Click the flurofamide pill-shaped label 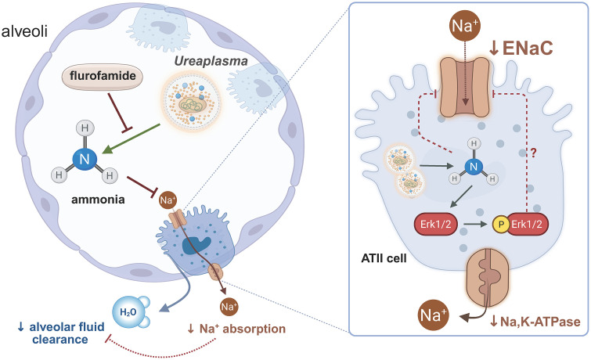[x=103, y=77]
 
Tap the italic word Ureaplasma [x=211, y=61]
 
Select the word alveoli [x=24, y=31]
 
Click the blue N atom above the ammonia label [x=85, y=159]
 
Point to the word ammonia [x=98, y=200]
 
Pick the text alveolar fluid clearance [x=61, y=333]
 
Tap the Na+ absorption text [x=236, y=329]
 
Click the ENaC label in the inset [x=521, y=48]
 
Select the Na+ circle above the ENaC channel [x=465, y=27]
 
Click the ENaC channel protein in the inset [x=465, y=87]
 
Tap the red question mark [x=533, y=153]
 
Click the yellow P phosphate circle [x=501, y=225]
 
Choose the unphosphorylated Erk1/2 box [x=436, y=225]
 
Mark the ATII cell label [x=384, y=258]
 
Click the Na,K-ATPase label [x=535, y=322]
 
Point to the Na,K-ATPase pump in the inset [x=488, y=278]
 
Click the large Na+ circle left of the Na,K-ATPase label [x=434, y=315]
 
